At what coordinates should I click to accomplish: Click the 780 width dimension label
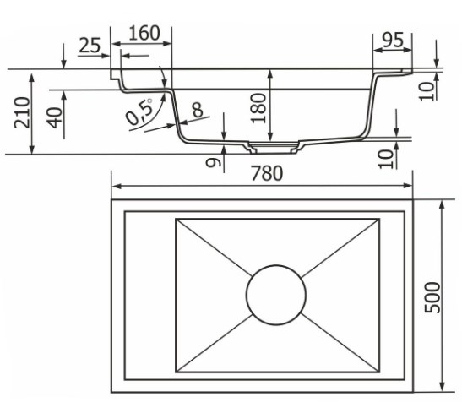pos(267,173)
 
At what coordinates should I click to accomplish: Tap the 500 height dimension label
pos(432,297)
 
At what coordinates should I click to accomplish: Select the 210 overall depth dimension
pos(23,112)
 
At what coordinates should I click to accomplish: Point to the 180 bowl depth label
pos(258,108)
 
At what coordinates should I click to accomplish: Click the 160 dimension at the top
pos(144,33)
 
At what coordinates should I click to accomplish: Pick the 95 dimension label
pos(393,40)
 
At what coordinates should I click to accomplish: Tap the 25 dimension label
pos(90,46)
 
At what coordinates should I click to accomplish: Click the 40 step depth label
pos(56,117)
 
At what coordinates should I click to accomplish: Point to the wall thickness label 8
pos(198,110)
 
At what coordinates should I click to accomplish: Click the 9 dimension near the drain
pos(213,162)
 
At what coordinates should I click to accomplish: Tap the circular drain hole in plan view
pos(276,295)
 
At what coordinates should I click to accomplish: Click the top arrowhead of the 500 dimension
pos(442,205)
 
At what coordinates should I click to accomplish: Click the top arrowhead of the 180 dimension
pos(269,74)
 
